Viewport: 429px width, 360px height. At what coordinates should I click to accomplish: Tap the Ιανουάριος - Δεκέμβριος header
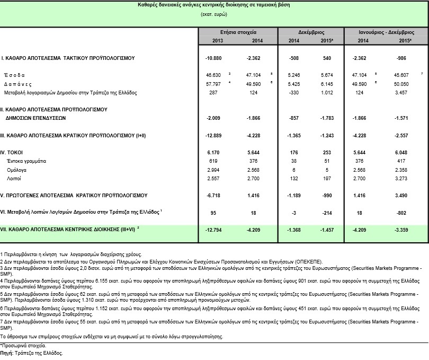[x=386, y=32]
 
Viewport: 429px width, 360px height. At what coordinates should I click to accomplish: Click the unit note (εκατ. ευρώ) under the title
[x=214, y=14]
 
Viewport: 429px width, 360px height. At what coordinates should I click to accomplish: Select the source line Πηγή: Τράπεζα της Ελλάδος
[x=32, y=353]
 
